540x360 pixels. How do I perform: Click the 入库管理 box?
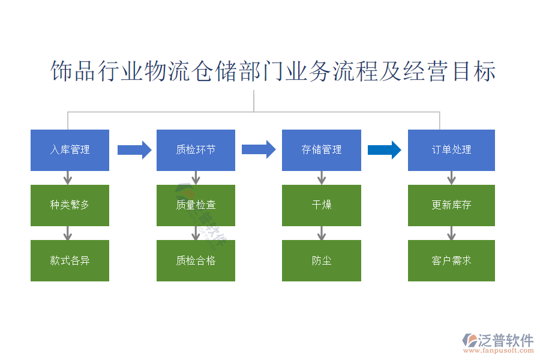click(70, 150)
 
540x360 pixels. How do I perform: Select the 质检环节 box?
click(196, 150)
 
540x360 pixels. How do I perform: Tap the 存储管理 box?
click(322, 150)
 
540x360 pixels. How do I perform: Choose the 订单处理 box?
click(451, 150)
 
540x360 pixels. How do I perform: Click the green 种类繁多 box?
click(70, 205)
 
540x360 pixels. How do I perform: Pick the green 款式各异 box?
click(70, 260)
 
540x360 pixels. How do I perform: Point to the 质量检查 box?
click(196, 205)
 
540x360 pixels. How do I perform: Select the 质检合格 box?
click(196, 260)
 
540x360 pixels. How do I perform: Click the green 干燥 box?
click(322, 205)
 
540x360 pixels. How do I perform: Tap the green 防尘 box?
click(322, 260)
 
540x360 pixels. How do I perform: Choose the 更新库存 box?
click(451, 205)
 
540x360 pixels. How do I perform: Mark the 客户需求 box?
click(451, 260)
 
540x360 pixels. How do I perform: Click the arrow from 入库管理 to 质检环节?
click(134, 150)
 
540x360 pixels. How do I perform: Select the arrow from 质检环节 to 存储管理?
click(259, 149)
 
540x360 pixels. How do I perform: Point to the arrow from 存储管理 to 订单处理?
click(384, 150)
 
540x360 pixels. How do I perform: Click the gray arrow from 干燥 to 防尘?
click(322, 233)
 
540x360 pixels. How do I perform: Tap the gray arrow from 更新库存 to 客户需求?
click(451, 233)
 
